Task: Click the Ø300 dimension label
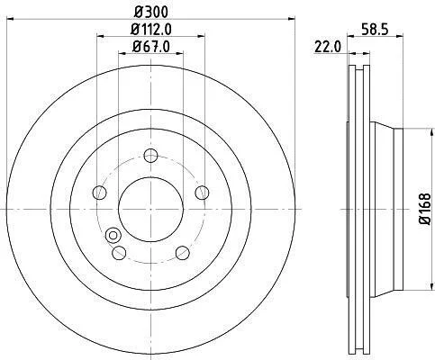pos(151,12)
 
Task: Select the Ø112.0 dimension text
pos(151,29)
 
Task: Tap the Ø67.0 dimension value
pos(151,47)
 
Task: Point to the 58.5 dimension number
pos(375,30)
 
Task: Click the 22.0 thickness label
pos(328,47)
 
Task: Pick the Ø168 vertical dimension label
pos(425,209)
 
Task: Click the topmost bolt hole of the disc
pos(150,156)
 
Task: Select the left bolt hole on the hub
pos(99,193)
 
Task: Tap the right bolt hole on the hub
pos(202,193)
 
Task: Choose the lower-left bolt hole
pos(119,253)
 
